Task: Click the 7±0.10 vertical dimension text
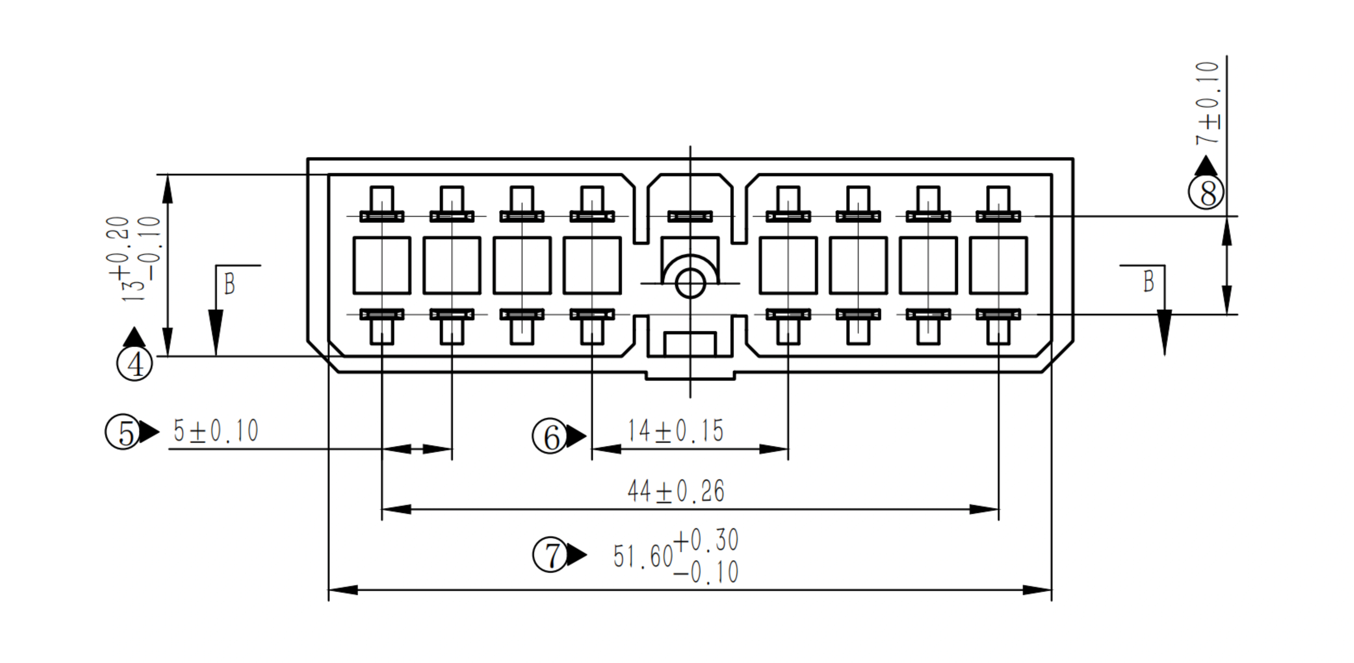(1207, 103)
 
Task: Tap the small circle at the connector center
(690, 284)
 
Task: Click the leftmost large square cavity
(382, 265)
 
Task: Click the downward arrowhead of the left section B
(216, 333)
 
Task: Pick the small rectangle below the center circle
(690, 344)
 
